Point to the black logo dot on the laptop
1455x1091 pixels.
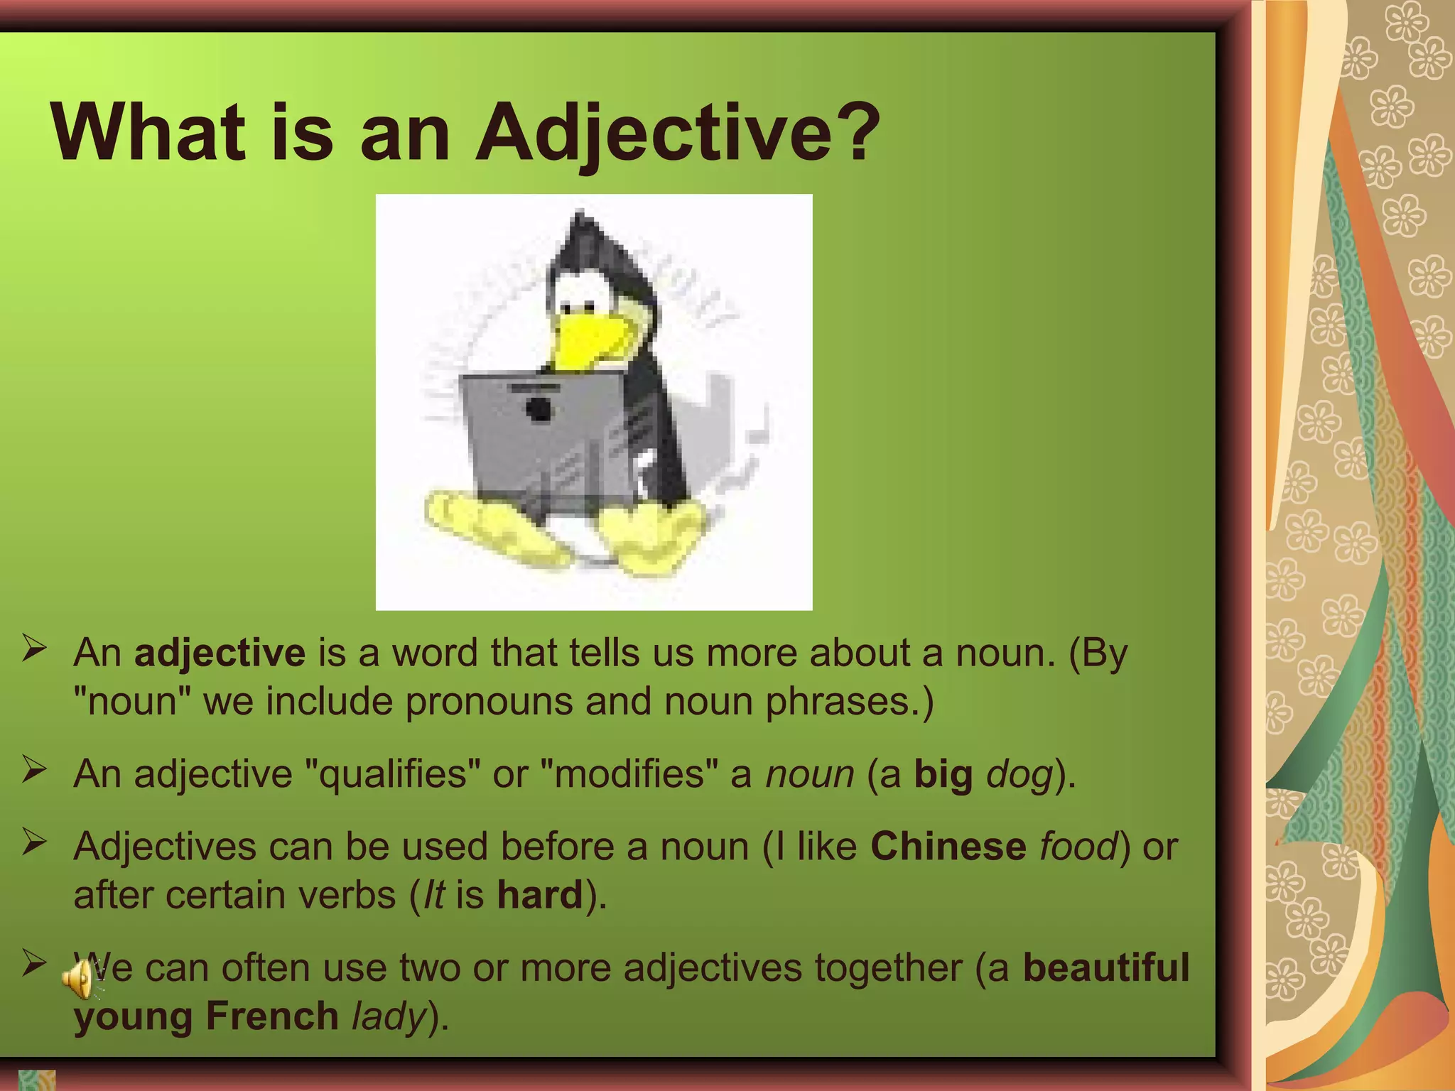point(539,408)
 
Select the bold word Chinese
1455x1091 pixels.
point(948,846)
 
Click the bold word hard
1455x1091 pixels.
point(540,894)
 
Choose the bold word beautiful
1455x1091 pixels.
point(1105,967)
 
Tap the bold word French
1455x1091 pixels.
point(272,1015)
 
